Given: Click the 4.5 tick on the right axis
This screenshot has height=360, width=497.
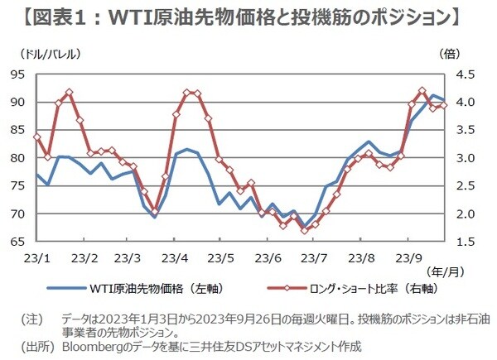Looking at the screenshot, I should [466, 74].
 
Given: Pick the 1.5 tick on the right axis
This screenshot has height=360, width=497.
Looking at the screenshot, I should [466, 242].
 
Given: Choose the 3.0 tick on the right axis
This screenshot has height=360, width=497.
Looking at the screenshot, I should [466, 158].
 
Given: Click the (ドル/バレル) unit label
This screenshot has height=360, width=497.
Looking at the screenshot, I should [44, 55].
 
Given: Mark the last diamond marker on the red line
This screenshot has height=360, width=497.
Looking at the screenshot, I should [445, 105].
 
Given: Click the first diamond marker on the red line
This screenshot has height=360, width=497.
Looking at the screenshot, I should [36, 137].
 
